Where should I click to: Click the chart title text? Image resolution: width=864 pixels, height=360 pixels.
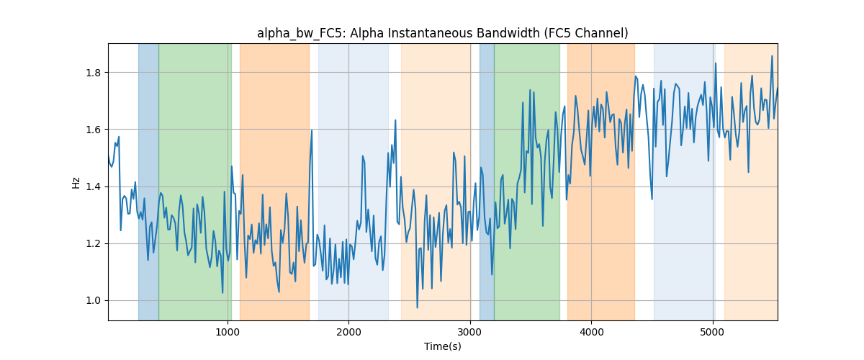442,34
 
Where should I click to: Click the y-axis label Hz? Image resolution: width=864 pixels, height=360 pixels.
76,183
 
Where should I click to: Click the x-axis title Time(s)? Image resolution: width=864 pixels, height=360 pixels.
442,346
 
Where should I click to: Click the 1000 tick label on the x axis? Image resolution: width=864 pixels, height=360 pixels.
228,332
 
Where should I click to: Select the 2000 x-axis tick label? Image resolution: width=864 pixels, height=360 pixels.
348,332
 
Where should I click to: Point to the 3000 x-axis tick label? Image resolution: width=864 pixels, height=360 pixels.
470,332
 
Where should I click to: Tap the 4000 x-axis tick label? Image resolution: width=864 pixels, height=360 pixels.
591,332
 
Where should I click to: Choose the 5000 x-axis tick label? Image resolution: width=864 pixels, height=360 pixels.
713,332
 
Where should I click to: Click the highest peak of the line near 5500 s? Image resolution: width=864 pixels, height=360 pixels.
772,56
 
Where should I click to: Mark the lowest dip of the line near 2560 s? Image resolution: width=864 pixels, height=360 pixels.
417,307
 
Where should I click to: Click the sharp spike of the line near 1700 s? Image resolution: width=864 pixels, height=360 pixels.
312,130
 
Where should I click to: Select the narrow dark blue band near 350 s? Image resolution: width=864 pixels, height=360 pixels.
148,181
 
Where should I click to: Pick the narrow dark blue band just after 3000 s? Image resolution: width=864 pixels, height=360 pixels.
487,181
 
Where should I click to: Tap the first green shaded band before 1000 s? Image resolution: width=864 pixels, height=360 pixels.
195,181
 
